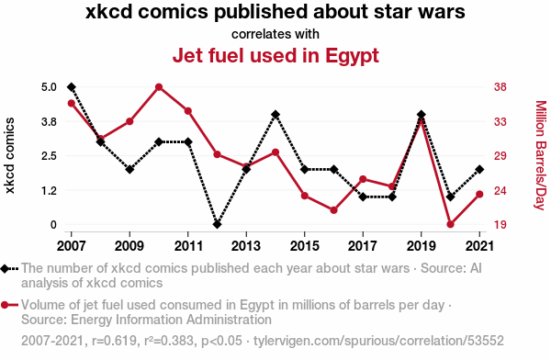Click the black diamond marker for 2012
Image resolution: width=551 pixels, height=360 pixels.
tap(217, 224)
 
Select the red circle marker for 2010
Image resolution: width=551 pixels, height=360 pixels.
tap(159, 87)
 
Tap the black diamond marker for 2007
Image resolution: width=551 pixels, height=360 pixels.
tap(72, 87)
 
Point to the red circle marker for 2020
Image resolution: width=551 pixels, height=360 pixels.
tap(451, 224)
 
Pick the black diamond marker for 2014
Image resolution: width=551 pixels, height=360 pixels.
tap(275, 115)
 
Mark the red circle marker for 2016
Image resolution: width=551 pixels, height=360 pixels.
tap(334, 210)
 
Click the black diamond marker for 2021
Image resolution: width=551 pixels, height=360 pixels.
tap(479, 170)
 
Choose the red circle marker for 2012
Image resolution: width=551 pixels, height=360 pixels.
tap(217, 154)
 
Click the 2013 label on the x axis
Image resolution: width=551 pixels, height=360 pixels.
tap(246, 246)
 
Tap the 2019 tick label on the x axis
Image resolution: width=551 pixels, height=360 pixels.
tap(421, 246)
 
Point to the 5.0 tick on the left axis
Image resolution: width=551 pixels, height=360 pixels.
tap(50, 87)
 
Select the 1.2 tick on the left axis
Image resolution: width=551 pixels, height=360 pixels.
tap(50, 190)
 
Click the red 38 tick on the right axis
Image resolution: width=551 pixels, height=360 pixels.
tap(500, 87)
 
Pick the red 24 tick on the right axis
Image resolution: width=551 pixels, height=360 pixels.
tap(500, 190)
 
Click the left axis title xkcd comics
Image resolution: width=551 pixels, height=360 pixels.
tap(10, 155)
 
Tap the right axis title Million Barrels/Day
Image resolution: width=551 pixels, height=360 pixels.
tap(541, 155)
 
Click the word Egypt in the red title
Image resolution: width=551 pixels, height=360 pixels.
tap(352, 56)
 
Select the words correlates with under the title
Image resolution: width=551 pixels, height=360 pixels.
tap(275, 34)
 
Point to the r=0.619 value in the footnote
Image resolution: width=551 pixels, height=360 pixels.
tap(114, 341)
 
